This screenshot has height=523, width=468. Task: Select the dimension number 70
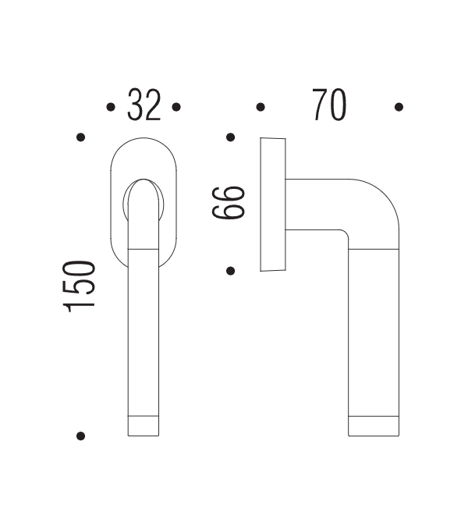pyautogui.click(x=328, y=106)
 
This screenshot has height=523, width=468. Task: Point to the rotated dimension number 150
pyautogui.click(x=81, y=286)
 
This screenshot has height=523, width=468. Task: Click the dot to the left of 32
pyautogui.click(x=110, y=107)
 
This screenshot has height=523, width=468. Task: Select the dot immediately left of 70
pyautogui.click(x=261, y=107)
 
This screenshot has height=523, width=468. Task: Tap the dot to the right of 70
pyautogui.click(x=399, y=107)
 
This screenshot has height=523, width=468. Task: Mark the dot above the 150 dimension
pyautogui.click(x=80, y=137)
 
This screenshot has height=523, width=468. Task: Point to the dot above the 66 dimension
pyautogui.click(x=230, y=137)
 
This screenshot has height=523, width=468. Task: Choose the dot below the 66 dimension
pyautogui.click(x=230, y=271)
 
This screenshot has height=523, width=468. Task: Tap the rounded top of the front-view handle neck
pyautogui.click(x=143, y=191)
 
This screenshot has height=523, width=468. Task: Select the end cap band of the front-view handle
pyautogui.click(x=143, y=426)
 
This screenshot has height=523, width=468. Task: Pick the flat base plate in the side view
pyautogui.click(x=272, y=205)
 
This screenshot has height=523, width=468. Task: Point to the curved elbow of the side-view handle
pyautogui.click(x=374, y=207)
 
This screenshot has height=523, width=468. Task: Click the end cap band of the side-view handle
pyautogui.click(x=374, y=426)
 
